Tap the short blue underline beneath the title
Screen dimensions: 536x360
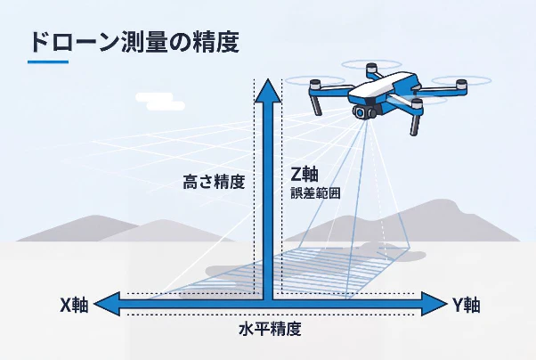(48, 62)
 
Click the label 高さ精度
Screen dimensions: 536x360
(215, 182)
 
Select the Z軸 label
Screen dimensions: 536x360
(305, 174)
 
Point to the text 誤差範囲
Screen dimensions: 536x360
(315, 193)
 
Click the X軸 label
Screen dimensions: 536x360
(74, 305)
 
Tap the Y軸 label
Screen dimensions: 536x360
(467, 305)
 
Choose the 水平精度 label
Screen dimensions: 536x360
(270, 330)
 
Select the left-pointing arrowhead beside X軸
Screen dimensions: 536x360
(107, 304)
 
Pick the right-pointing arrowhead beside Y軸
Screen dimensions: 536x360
(434, 304)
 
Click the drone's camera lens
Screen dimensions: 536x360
(361, 112)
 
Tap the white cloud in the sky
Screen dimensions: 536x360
(160, 102)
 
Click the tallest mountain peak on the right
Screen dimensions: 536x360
(444, 202)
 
